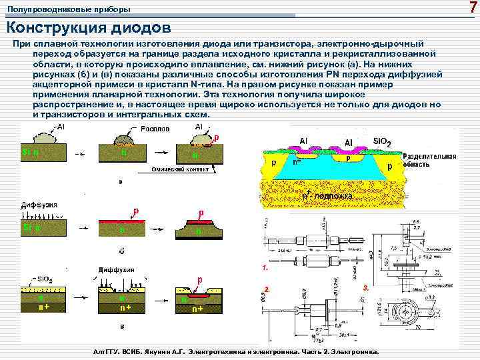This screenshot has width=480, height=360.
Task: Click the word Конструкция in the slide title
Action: [49, 28]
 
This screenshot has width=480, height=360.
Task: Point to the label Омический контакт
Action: [181, 169]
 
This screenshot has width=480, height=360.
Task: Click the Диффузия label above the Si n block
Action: [39, 205]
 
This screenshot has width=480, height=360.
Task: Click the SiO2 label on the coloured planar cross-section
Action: [383, 142]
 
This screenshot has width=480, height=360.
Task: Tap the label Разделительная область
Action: [430, 161]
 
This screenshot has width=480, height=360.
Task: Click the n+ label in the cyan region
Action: [297, 161]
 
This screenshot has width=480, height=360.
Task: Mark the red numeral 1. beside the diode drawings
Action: [265, 267]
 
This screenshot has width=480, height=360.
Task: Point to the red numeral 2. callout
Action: [266, 289]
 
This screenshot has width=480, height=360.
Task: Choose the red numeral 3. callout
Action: [365, 287]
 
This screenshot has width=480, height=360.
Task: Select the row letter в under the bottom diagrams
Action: [120, 327]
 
